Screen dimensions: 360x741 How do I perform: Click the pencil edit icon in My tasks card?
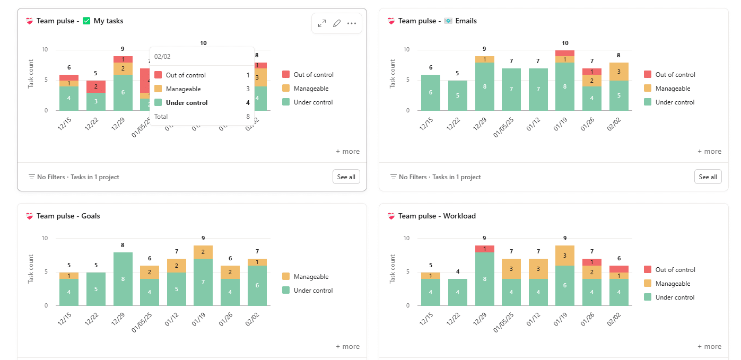click(x=337, y=23)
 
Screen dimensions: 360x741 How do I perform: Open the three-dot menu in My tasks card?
click(x=352, y=23)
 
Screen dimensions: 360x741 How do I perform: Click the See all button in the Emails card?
click(x=708, y=177)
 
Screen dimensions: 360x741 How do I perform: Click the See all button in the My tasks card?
click(x=346, y=177)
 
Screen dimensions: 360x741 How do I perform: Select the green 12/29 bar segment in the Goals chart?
click(x=123, y=279)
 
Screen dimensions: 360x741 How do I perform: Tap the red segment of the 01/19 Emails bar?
click(x=565, y=53)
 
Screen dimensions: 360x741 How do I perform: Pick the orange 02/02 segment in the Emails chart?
click(x=618, y=72)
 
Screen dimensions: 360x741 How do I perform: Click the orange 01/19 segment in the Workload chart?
click(x=565, y=256)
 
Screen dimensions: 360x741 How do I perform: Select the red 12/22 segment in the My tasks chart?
click(x=95, y=86)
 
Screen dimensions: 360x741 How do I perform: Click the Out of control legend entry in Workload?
click(x=675, y=270)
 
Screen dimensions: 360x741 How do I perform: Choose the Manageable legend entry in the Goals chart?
click(x=311, y=277)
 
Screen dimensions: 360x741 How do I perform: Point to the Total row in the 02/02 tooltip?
click(x=202, y=117)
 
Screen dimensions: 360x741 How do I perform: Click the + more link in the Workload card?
click(x=709, y=346)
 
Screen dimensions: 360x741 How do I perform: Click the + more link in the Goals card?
click(x=347, y=346)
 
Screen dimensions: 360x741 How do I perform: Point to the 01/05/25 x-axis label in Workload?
click(x=503, y=323)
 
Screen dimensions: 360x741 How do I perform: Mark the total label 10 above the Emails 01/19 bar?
click(x=565, y=43)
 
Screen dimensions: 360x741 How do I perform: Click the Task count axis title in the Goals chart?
click(x=31, y=269)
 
